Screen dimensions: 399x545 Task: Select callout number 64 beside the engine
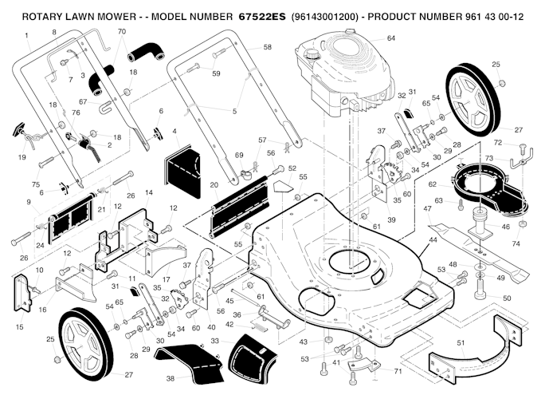(390, 38)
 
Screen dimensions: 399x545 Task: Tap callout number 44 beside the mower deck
(433, 239)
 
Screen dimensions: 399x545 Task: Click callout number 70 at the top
(121, 31)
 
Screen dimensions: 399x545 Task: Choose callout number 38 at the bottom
(170, 378)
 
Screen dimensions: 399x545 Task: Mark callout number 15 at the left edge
(20, 327)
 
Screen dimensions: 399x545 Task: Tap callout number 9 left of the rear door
(29, 203)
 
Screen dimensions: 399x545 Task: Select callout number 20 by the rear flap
(214, 184)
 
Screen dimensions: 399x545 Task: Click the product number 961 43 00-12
(496, 15)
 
